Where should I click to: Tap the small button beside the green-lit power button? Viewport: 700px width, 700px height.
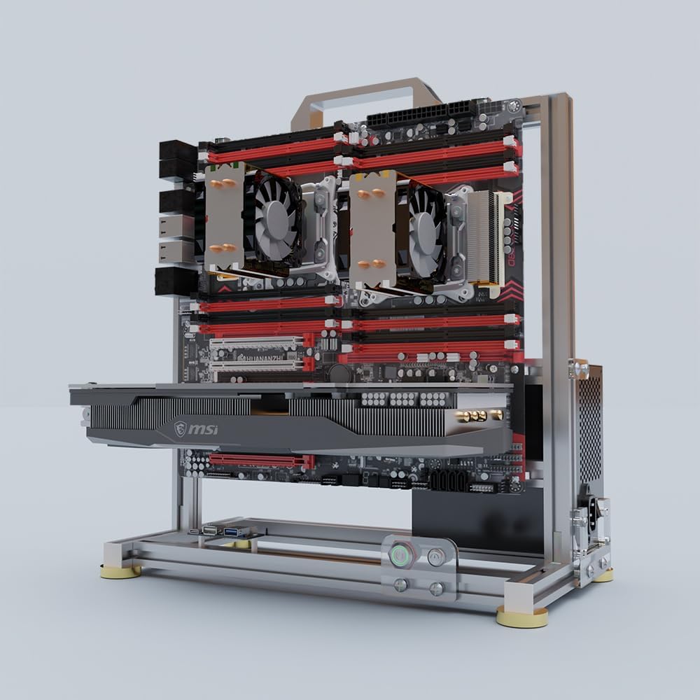[436, 557]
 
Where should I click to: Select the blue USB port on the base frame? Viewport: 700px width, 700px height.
[232, 533]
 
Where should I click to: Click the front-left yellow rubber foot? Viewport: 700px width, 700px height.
[120, 572]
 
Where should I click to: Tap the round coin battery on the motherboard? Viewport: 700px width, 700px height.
[341, 372]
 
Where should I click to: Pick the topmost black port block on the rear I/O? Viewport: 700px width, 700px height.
[178, 150]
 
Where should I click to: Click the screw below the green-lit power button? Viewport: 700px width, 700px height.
[402, 584]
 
